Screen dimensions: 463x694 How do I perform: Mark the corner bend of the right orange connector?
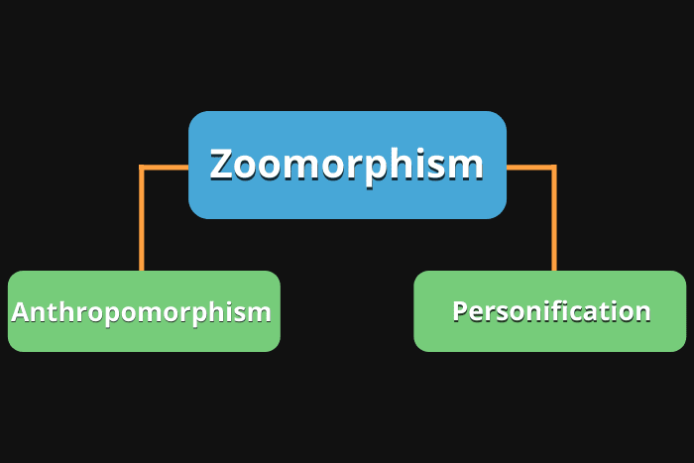coord(552,169)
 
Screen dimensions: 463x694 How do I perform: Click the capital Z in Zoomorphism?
coord(222,165)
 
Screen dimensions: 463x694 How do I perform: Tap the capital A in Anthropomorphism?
coord(20,312)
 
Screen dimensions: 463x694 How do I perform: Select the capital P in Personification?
coord(460,311)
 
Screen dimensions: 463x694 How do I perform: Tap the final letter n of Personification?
coord(642,312)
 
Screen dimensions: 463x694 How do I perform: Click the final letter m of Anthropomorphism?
coord(261,313)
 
